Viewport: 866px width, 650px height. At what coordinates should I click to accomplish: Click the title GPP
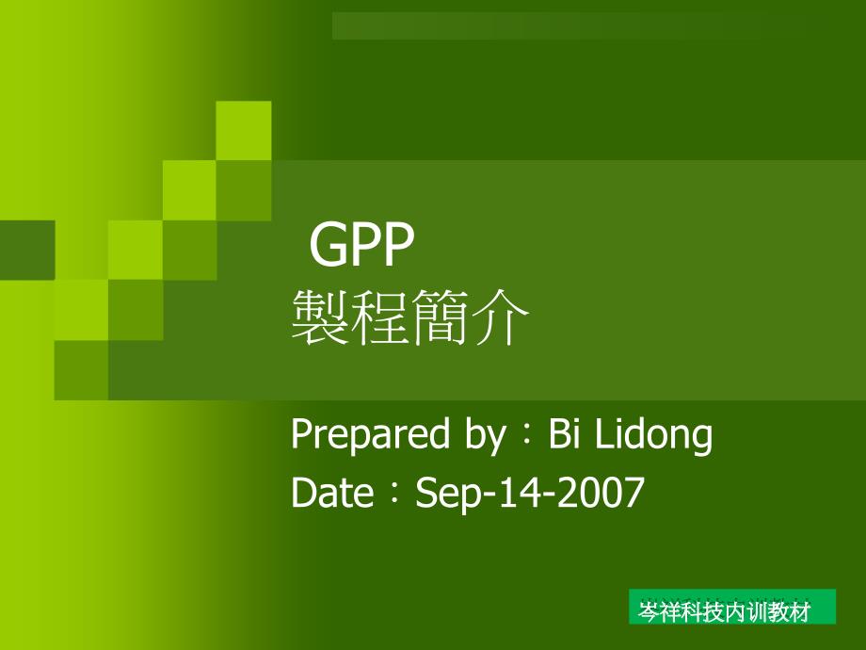(361, 244)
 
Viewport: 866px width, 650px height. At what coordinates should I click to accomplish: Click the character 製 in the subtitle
(320, 317)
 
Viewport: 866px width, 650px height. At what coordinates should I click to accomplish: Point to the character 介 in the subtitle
(500, 317)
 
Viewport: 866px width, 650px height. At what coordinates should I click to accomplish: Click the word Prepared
(370, 435)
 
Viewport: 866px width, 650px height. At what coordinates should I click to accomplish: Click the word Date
(332, 492)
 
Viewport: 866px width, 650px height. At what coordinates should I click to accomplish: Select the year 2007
(601, 492)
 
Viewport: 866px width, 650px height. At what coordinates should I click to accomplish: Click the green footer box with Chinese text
(731, 607)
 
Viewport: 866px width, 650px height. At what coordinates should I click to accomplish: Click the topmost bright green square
(244, 130)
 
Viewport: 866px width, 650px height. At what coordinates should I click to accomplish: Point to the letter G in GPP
(329, 244)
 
